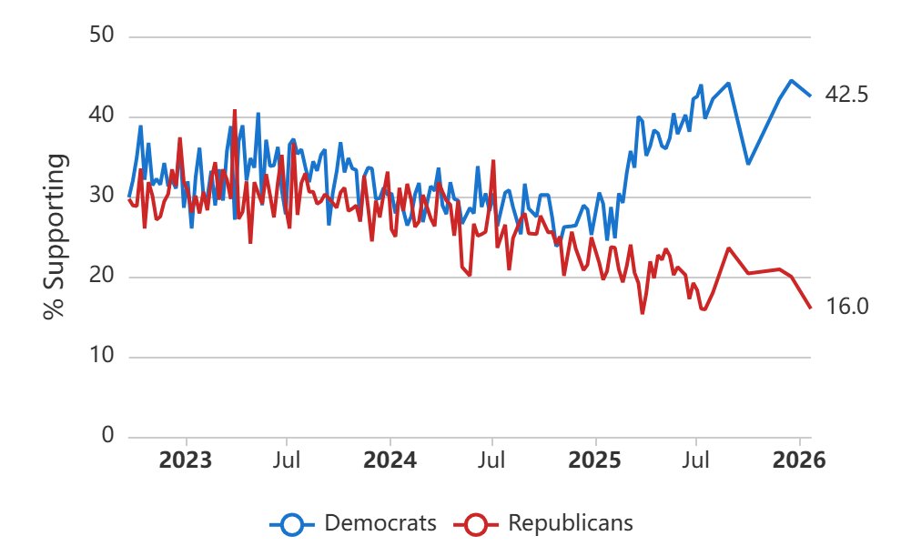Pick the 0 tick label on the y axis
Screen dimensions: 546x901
click(x=107, y=436)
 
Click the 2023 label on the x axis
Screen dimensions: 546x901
click(x=185, y=460)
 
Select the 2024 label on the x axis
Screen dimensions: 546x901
click(x=390, y=460)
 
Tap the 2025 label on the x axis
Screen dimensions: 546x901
click(x=594, y=460)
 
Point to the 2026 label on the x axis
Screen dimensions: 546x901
click(x=799, y=460)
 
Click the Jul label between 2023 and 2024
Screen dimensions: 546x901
click(x=287, y=460)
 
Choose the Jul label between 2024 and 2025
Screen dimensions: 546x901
click(x=492, y=460)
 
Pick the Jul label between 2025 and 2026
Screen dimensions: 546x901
click(x=696, y=460)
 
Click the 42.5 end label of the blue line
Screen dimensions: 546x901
click(x=847, y=95)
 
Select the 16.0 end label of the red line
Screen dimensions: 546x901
click(x=847, y=308)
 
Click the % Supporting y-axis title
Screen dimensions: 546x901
click(x=56, y=237)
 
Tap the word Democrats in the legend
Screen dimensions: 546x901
click(x=380, y=523)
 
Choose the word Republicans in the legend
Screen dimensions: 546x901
click(x=570, y=523)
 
